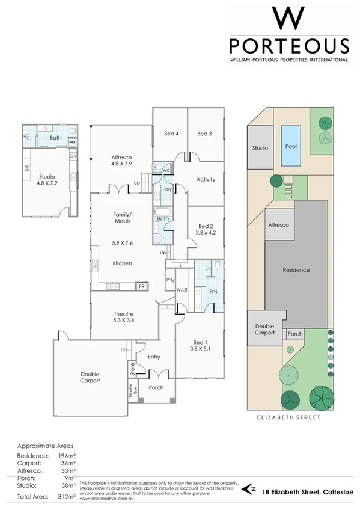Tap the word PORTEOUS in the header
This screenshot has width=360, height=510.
tap(288, 46)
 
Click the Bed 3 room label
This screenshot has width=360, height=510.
tap(204, 134)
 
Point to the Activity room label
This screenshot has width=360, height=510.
tap(206, 179)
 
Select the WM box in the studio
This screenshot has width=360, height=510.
tap(72, 143)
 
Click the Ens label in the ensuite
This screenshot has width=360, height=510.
tap(213, 292)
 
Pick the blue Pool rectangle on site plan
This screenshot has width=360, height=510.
tap(291, 146)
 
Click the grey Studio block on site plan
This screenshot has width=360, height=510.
tap(260, 147)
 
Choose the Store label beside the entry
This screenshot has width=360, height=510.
tap(132, 368)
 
